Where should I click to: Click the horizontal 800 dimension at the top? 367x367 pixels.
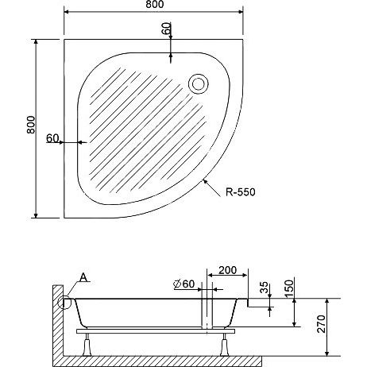click(x=155, y=5)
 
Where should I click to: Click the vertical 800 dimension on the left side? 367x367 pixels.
click(x=31, y=125)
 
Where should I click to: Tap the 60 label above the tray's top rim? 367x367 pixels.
click(x=166, y=29)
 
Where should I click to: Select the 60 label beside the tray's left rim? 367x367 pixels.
click(x=52, y=138)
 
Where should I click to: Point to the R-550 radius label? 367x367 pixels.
click(x=241, y=192)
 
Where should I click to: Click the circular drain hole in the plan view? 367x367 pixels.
click(x=199, y=84)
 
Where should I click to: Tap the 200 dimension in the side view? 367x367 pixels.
click(x=227, y=270)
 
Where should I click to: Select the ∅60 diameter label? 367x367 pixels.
click(x=184, y=284)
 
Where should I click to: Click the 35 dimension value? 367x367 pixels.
click(x=264, y=288)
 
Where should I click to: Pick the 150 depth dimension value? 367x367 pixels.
click(x=290, y=288)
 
